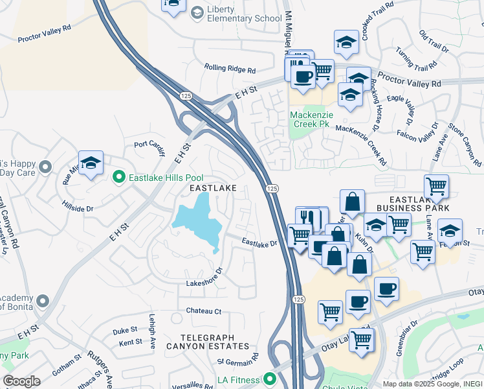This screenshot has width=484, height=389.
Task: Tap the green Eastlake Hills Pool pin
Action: click(x=118, y=176)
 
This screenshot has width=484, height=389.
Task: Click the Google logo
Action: click(x=21, y=381)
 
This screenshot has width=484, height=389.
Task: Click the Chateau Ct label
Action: click(x=204, y=311)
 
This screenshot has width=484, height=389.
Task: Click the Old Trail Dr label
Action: click(x=434, y=41)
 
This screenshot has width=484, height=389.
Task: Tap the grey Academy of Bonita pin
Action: click(x=43, y=301)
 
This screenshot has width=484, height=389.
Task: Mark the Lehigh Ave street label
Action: click(x=153, y=332)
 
